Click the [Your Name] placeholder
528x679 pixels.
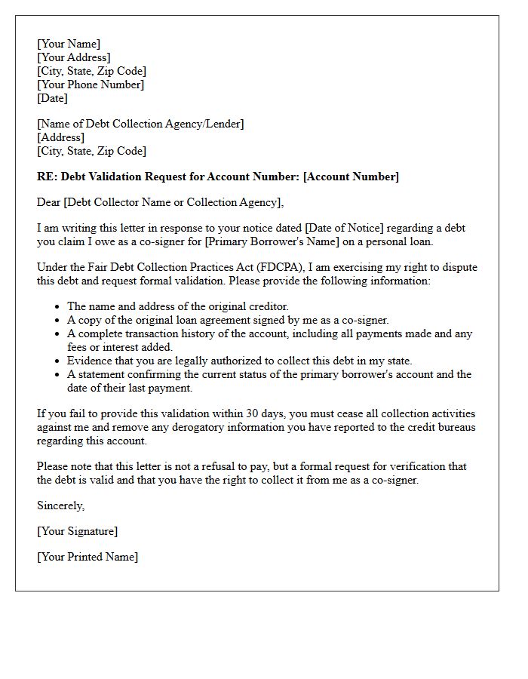[x=69, y=44]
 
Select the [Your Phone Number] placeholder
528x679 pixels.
[x=91, y=84]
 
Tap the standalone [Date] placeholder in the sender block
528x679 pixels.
[x=52, y=98]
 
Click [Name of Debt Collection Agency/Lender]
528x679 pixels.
[x=140, y=124]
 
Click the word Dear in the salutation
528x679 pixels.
[x=49, y=202]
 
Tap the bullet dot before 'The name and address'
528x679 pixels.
[x=57, y=307]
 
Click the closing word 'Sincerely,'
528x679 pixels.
[x=61, y=505]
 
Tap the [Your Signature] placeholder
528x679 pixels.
[x=78, y=531]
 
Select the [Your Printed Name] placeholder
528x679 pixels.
[x=87, y=557]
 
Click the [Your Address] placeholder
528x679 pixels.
[x=74, y=57]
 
